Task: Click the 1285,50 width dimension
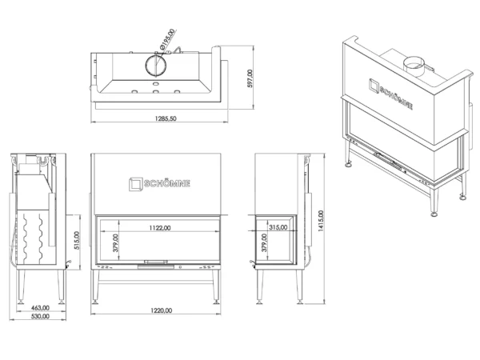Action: pyautogui.click(x=166, y=118)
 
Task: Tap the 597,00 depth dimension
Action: pyautogui.click(x=250, y=78)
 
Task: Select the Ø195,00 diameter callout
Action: pyautogui.click(x=167, y=39)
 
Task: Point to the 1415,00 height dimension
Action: pyautogui.click(x=321, y=221)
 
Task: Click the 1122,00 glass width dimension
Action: pyautogui.click(x=160, y=228)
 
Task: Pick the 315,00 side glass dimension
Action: pyautogui.click(x=278, y=227)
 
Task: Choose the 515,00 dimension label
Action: pyautogui.click(x=77, y=240)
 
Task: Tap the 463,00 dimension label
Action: pyautogui.click(x=40, y=308)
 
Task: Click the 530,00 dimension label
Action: pyautogui.click(x=40, y=316)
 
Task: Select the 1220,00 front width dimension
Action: pyautogui.click(x=161, y=310)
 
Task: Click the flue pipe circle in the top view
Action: pyautogui.click(x=156, y=66)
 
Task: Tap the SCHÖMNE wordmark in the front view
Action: pyautogui.click(x=167, y=183)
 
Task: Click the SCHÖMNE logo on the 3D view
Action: pyautogui.click(x=390, y=94)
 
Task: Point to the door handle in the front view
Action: pyautogui.click(x=156, y=262)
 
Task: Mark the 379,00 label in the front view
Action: pyautogui.click(x=115, y=242)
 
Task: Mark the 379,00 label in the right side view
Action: pyautogui.click(x=264, y=242)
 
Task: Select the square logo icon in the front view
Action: pyautogui.click(x=136, y=184)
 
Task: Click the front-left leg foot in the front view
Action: pyautogui.click(x=95, y=302)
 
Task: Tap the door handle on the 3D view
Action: pyautogui.click(x=388, y=161)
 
